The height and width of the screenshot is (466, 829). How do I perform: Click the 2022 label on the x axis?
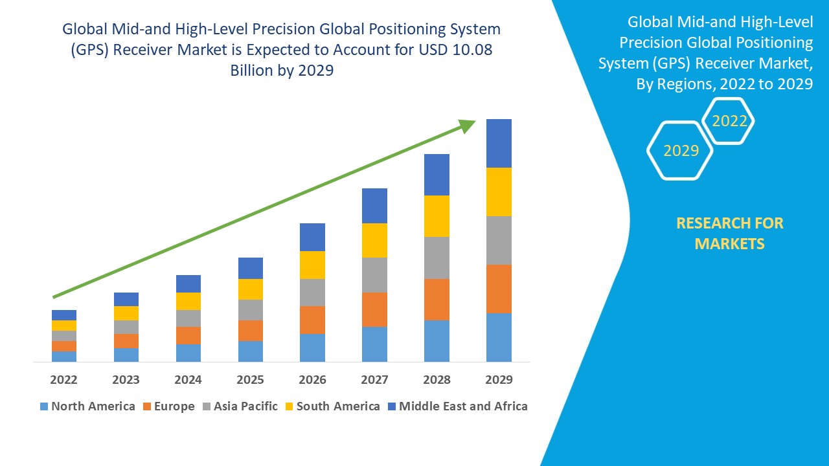[x=63, y=379]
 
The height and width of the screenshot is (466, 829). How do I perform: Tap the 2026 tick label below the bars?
[x=312, y=379]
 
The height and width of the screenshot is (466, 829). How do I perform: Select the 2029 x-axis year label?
[x=499, y=379]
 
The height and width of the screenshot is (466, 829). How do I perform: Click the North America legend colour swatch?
[x=44, y=406]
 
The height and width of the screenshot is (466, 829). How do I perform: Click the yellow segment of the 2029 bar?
[x=499, y=192]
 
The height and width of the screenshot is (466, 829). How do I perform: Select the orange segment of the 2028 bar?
[x=437, y=299]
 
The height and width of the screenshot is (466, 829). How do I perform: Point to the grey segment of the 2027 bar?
[x=374, y=275]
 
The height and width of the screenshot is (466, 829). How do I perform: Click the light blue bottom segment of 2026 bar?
[x=312, y=348]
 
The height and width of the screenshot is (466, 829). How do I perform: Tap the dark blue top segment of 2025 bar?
[x=250, y=268]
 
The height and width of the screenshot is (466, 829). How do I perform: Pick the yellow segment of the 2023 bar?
[x=126, y=313]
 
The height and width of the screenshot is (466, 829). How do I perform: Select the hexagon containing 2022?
[x=729, y=121]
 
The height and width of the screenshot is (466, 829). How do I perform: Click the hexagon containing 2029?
[x=681, y=151]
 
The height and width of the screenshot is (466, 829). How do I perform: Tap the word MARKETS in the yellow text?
[x=729, y=244]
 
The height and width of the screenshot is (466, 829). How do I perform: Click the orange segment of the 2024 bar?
[x=188, y=335]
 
